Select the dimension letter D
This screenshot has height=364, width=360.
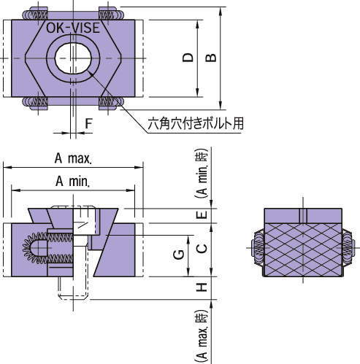pos(188,58)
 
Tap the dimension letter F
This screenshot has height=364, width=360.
pos(88,124)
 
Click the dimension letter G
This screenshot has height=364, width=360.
pos(177,255)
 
